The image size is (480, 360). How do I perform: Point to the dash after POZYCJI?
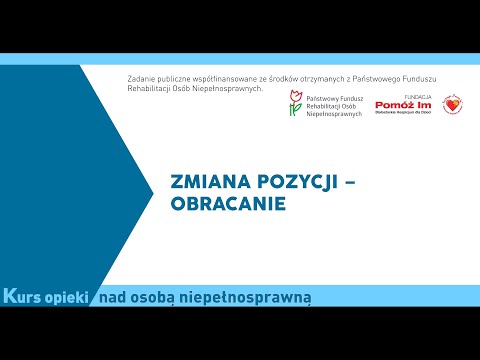tap(338, 182)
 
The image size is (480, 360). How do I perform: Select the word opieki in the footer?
tap(71, 297)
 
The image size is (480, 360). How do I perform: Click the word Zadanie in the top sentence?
tap(144, 78)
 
